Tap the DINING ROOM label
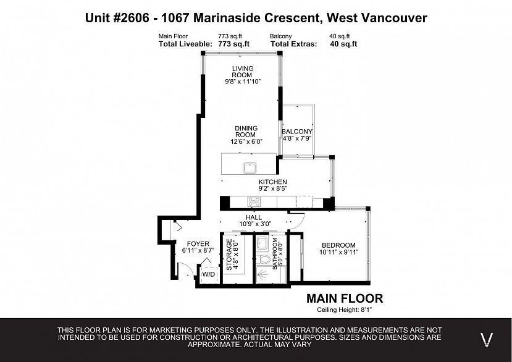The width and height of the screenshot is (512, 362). click(245, 132)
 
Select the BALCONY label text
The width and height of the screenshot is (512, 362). click(296, 132)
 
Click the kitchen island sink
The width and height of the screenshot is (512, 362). click(251, 167)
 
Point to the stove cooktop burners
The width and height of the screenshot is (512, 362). click(254, 201)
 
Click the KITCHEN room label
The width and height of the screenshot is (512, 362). click(272, 182)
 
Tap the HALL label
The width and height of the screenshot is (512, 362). click(254, 217)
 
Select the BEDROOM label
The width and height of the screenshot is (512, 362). click(337, 245)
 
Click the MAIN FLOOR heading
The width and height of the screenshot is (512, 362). click(345, 298)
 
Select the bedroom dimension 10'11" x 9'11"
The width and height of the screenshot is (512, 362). click(338, 252)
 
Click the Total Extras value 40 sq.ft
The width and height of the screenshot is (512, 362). click(343, 44)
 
